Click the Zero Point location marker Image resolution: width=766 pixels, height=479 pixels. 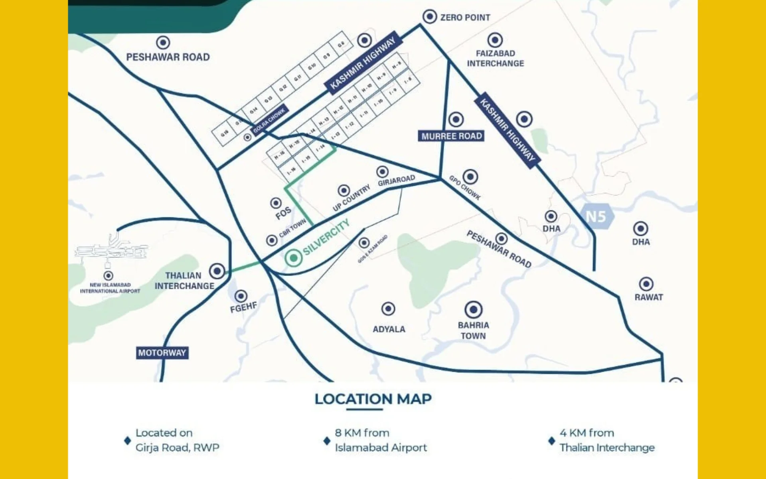click(x=430, y=17)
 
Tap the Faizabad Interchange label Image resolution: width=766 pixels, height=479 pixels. click(x=495, y=58)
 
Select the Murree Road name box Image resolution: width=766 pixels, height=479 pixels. click(x=451, y=136)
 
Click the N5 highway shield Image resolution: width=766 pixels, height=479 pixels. click(x=596, y=216)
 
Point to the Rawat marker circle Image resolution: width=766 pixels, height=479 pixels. click(x=646, y=284)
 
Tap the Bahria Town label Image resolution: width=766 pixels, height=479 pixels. click(x=473, y=331)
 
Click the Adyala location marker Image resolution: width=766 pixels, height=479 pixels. click(x=388, y=309)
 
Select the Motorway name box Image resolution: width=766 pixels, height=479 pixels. click(x=162, y=353)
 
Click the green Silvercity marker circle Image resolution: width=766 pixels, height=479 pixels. click(x=293, y=258)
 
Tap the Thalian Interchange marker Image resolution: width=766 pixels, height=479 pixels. click(x=217, y=271)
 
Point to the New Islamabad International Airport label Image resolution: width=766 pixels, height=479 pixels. click(x=110, y=288)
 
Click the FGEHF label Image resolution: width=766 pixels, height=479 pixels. click(x=243, y=307)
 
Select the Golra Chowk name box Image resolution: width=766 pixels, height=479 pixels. click(x=269, y=121)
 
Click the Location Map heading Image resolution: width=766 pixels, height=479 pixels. click(x=373, y=399)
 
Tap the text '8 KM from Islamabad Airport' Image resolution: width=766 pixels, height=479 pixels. click(x=380, y=440)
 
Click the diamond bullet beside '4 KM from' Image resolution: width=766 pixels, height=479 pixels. click(x=552, y=441)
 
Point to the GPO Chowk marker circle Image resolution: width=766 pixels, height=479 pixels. click(x=470, y=176)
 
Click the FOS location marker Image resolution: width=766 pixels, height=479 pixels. click(x=276, y=203)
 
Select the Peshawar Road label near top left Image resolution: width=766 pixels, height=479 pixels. click(x=168, y=57)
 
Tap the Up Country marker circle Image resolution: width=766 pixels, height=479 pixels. click(x=344, y=190)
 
